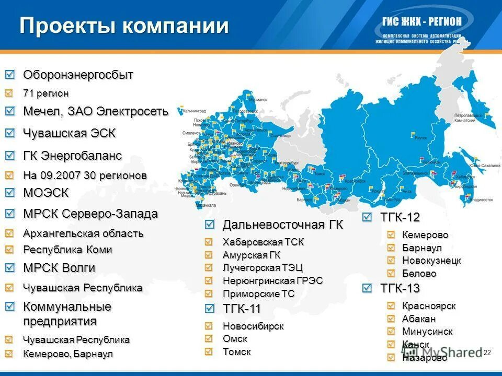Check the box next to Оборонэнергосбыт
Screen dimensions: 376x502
coord(10,75)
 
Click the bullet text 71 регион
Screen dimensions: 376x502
coord(45,93)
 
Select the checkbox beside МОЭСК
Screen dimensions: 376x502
coord(10,193)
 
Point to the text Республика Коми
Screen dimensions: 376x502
coord(67,250)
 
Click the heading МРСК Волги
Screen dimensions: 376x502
coord(59,268)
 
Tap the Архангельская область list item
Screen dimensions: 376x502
coord(83,233)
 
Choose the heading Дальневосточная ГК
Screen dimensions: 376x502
coord(283,225)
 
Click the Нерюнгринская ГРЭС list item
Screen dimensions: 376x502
coord(272,281)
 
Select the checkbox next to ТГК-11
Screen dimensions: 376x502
coord(210,309)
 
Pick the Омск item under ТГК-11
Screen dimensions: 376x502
coord(235,339)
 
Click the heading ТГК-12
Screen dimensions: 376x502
coord(400,217)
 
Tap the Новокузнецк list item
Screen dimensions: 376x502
coord(431,261)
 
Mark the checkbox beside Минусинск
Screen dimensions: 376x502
coord(392,332)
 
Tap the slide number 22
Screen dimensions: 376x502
coord(487,354)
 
